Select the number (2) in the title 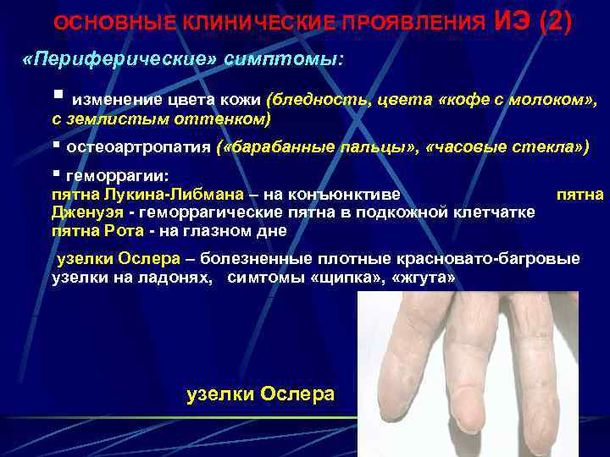(x=555, y=21)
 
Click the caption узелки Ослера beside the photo (x=260, y=394)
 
